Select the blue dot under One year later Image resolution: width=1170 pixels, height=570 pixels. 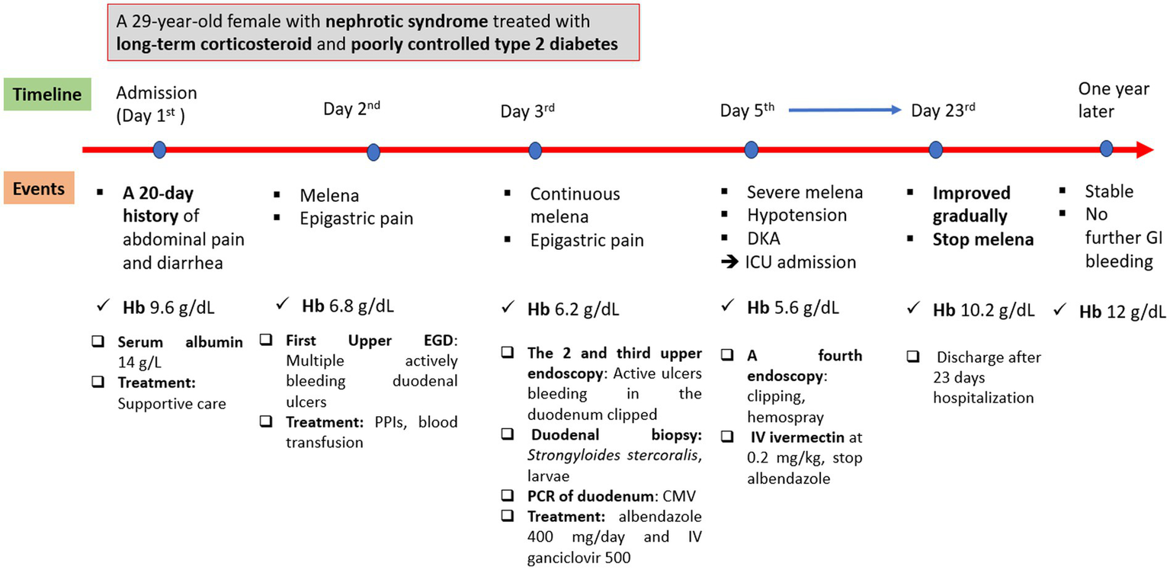1106,149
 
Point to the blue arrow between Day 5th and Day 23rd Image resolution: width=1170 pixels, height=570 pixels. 845,110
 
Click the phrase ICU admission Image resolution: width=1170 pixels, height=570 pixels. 801,262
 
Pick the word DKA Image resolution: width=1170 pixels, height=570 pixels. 765,239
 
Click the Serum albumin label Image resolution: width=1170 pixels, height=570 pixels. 181,342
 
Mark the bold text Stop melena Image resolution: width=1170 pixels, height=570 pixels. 983,239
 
